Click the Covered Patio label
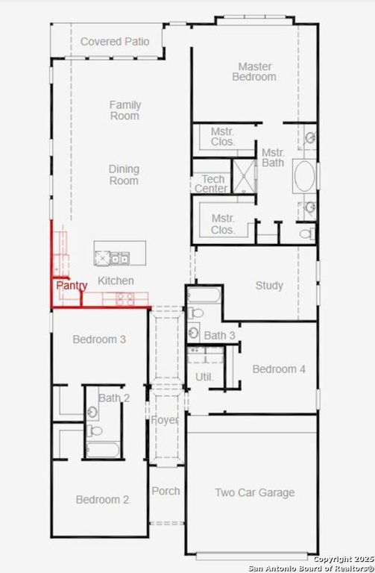pyautogui.click(x=115, y=42)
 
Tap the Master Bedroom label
pyautogui.click(x=254, y=72)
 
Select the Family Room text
pyautogui.click(x=125, y=110)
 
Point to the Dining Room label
pyautogui.click(x=124, y=175)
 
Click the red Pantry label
pyautogui.click(x=72, y=285)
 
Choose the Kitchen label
pyautogui.click(x=116, y=281)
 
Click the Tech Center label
pyautogui.click(x=211, y=184)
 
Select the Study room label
pyautogui.click(x=269, y=285)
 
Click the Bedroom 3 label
pyautogui.click(x=99, y=339)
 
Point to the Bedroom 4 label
pyautogui.click(x=279, y=369)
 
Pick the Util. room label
pyautogui.click(x=204, y=377)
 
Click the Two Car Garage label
pyautogui.click(x=254, y=492)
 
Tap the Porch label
pyautogui.click(x=166, y=491)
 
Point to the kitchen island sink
pyautogui.click(x=119, y=259)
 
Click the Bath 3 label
pyautogui.click(x=220, y=336)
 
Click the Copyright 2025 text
pyautogui.click(x=342, y=558)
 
